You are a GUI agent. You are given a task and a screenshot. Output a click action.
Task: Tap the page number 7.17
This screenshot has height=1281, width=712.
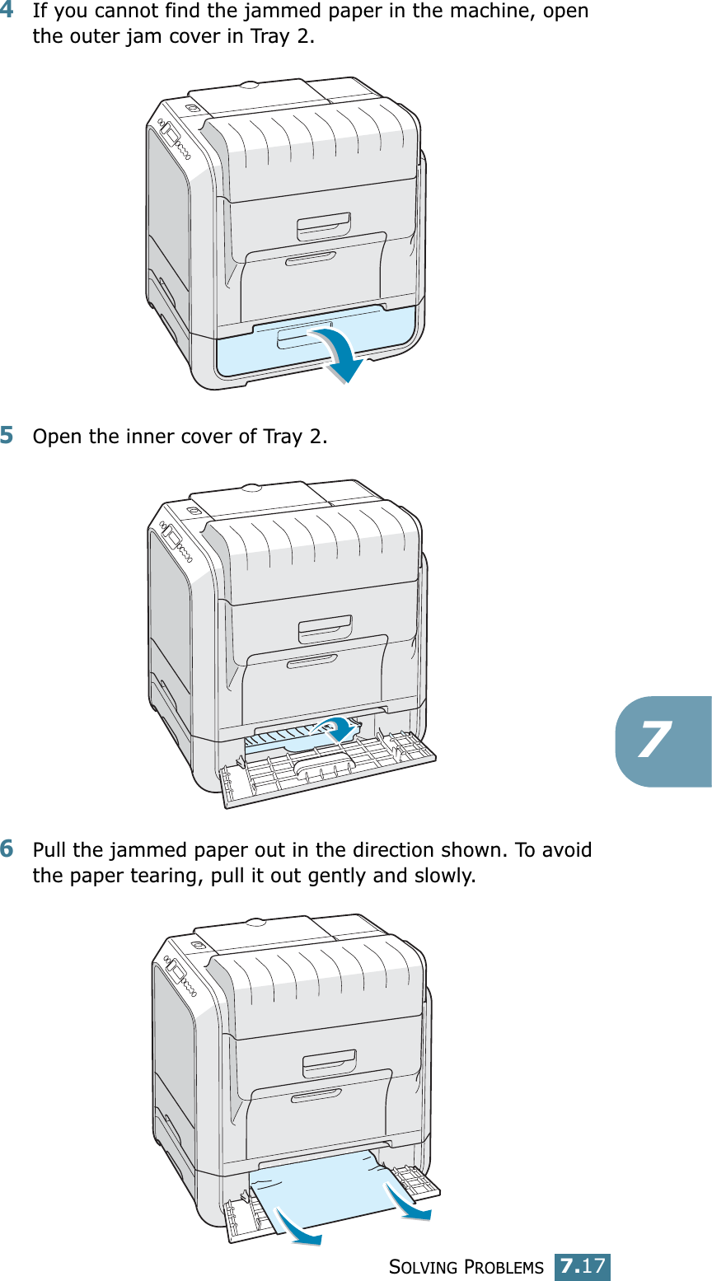tap(582, 1265)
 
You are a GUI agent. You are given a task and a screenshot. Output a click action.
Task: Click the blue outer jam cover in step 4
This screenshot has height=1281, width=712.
tap(247, 350)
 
